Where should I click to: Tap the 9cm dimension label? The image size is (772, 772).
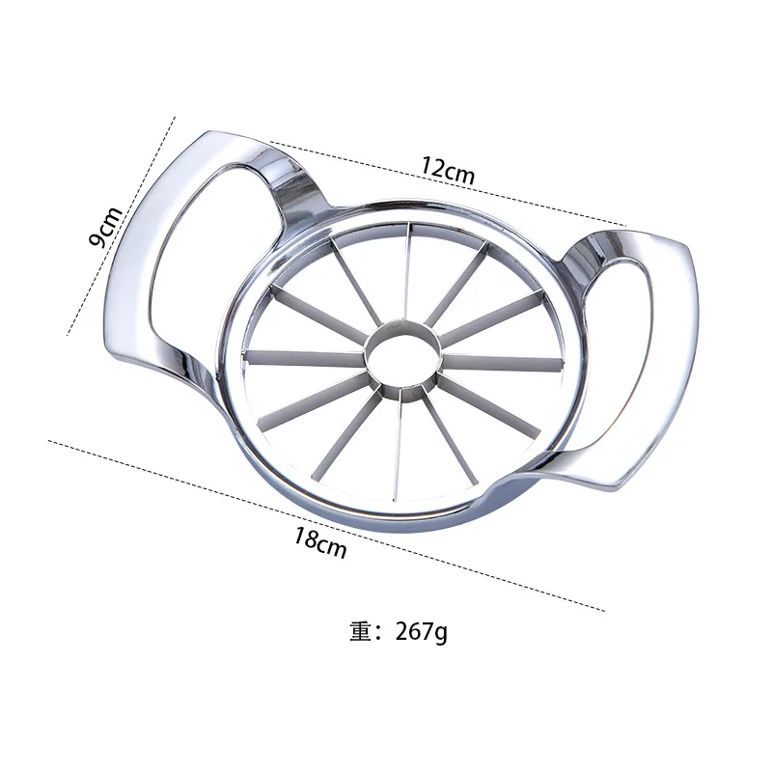107,227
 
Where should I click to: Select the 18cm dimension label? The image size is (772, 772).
320,543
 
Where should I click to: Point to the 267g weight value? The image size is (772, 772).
422,633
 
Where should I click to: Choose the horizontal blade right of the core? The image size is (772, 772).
502,363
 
